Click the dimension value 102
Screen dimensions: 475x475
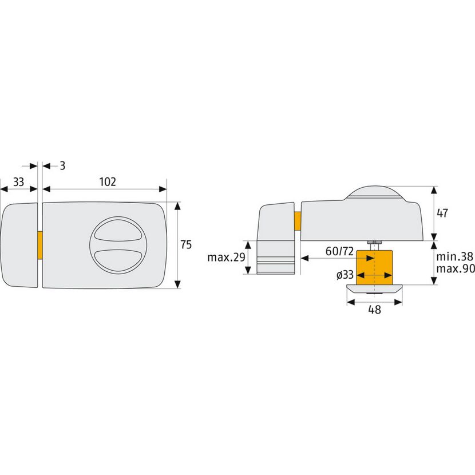[108, 182]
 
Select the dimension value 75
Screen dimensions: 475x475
[186, 244]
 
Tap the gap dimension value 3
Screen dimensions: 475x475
[62, 166]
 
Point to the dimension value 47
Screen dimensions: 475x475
[442, 213]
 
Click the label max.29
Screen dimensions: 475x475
[226, 258]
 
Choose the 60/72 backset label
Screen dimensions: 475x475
[339, 251]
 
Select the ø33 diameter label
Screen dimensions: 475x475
[345, 275]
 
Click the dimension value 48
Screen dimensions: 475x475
[374, 310]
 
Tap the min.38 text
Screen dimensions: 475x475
[454, 256]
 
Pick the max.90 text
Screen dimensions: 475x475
[456, 269]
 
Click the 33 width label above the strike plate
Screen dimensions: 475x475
[18, 182]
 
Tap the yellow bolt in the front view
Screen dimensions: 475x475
[39, 245]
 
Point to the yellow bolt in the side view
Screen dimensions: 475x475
[298, 221]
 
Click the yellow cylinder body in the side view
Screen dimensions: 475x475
[374, 267]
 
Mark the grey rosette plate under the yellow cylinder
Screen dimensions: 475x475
[374, 290]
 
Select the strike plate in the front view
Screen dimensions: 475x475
[19, 245]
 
